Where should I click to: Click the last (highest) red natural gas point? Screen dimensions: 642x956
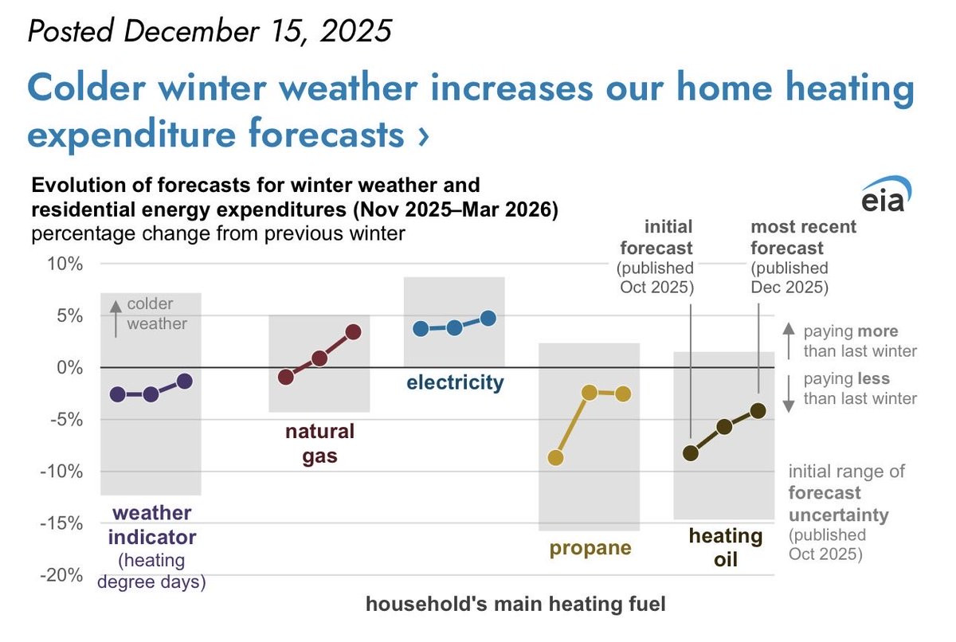click(x=354, y=331)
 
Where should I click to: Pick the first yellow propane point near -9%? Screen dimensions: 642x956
click(x=556, y=458)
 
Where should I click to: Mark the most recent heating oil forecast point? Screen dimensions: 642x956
click(x=758, y=411)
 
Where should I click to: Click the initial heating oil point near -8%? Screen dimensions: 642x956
click(x=691, y=453)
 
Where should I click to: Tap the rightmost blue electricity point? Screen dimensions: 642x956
click(x=488, y=318)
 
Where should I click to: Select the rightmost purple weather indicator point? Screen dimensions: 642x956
click(x=185, y=381)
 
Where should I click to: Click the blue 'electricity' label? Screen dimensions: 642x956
click(x=455, y=383)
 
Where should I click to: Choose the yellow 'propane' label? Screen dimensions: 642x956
click(x=590, y=548)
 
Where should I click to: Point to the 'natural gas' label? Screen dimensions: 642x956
click(x=319, y=444)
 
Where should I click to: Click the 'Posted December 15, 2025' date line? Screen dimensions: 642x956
click(x=210, y=31)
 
